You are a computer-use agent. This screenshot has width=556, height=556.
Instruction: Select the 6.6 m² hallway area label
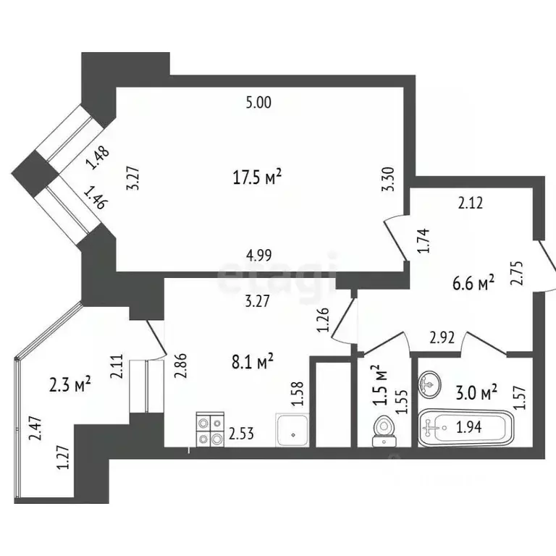[x=473, y=282]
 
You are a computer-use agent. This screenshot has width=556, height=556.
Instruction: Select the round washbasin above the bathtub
[x=429, y=383]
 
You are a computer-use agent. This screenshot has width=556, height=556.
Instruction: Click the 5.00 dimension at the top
[x=258, y=103]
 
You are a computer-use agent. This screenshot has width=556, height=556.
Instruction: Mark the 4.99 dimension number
[x=259, y=254]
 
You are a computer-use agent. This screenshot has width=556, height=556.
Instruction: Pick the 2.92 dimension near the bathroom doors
[x=441, y=337]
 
